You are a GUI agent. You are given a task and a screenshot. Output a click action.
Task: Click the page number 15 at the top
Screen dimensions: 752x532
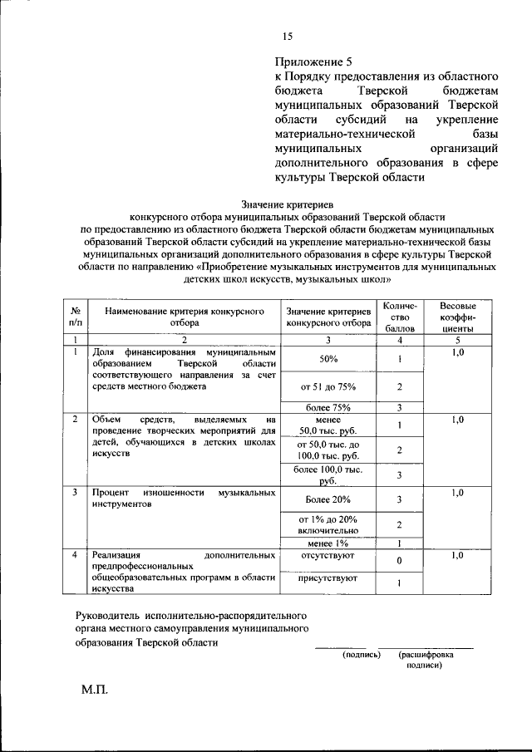point(288,36)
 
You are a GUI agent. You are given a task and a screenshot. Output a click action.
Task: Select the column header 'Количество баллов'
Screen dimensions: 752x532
point(399,317)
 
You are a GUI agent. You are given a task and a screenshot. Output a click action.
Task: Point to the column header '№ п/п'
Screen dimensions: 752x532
point(75,317)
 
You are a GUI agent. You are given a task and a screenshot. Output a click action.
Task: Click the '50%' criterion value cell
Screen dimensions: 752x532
point(328,358)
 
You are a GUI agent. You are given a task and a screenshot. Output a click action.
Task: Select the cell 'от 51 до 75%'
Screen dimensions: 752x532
point(328,386)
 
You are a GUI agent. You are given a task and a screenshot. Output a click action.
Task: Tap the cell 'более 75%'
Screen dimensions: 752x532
point(328,407)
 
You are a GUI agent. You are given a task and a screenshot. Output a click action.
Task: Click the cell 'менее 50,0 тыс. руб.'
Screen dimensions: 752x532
point(328,425)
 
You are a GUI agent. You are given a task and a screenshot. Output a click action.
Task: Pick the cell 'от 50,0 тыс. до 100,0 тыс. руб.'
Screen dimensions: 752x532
point(328,450)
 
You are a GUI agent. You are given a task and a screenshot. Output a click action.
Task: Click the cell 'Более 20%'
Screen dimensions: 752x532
point(328,499)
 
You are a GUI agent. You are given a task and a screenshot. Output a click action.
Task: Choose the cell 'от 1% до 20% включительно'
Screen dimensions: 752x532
point(328,523)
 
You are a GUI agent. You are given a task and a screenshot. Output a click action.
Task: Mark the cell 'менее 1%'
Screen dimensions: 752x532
point(328,543)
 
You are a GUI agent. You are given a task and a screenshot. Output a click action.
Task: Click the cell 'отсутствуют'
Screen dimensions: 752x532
point(328,554)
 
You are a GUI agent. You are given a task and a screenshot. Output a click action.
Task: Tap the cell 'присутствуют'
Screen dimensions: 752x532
point(328,578)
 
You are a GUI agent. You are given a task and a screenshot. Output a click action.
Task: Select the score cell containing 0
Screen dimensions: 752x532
point(399,561)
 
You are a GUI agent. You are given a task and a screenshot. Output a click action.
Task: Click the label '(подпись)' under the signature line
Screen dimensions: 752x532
point(362,655)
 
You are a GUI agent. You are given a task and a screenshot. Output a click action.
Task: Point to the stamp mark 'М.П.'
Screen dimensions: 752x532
point(95,691)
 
